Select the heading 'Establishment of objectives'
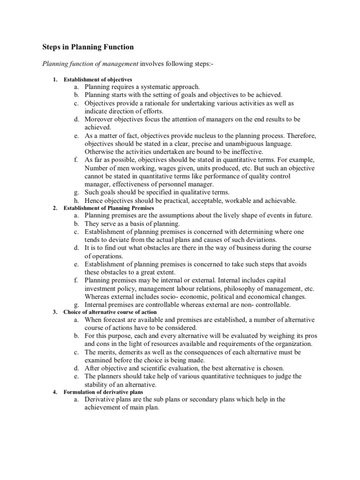point(98,79)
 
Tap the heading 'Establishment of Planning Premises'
point(109,208)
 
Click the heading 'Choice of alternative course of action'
point(110,312)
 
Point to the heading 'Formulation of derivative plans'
point(104,392)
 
